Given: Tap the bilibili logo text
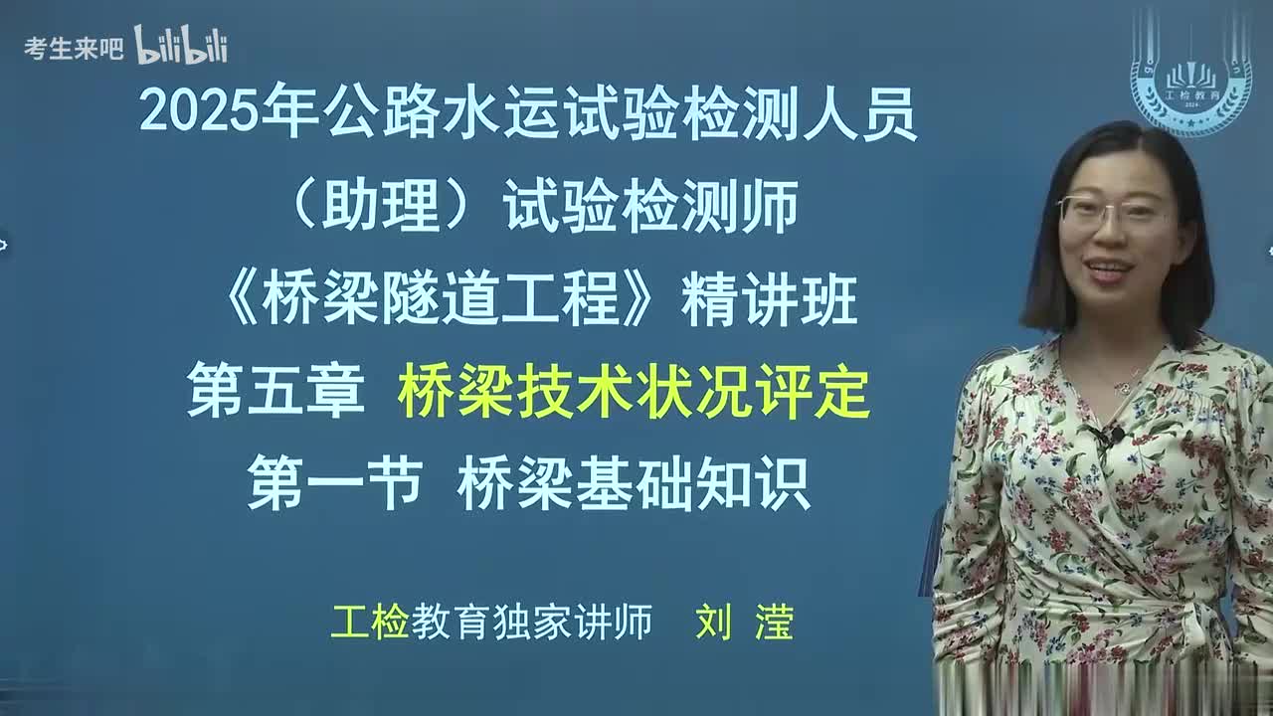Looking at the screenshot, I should pos(181,46).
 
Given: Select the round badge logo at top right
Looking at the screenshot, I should pos(1190,80).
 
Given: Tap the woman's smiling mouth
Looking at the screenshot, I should pos(1109,268).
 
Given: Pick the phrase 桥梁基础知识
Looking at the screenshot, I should pos(634,485).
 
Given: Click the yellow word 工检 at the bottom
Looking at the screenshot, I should pos(370,623).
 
